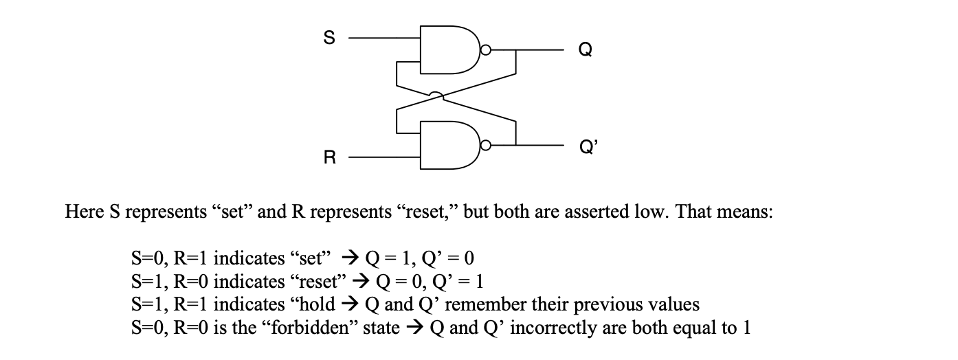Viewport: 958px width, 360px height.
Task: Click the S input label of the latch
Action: [329, 39]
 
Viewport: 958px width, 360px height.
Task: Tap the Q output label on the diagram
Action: [583, 51]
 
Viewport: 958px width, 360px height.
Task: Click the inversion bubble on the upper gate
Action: [486, 50]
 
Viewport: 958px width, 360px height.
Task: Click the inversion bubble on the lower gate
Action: [486, 145]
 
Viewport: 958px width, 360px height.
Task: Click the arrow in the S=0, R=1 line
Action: [348, 259]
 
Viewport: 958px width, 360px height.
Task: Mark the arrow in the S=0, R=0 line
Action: [414, 328]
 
